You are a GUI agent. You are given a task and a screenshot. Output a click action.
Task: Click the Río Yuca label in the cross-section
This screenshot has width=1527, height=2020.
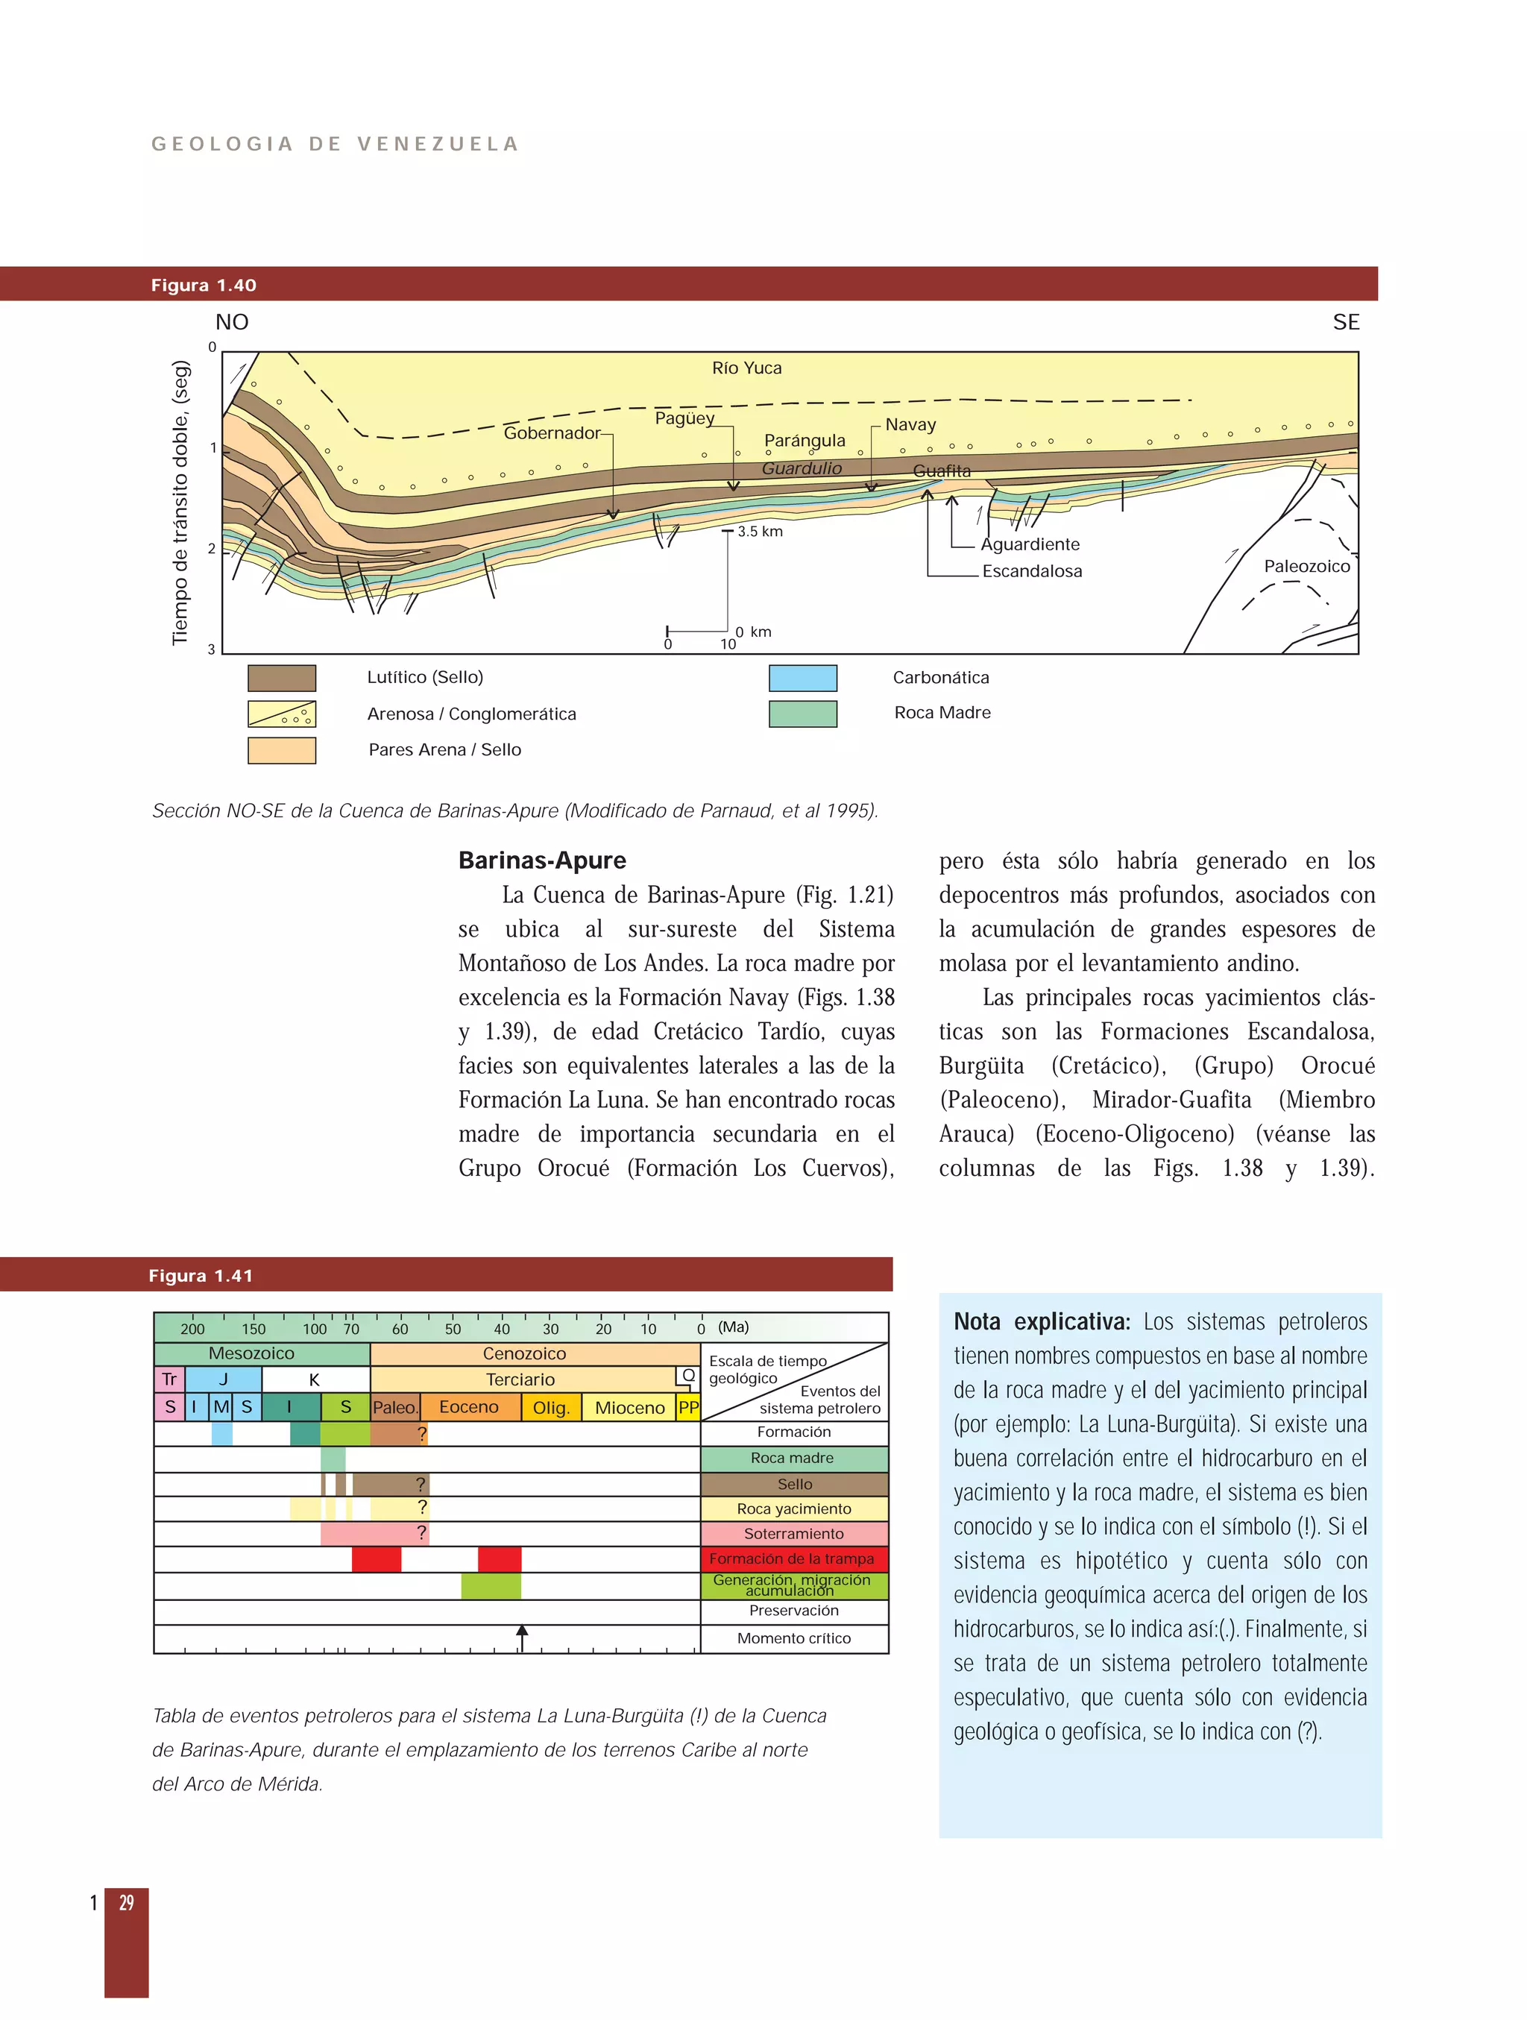click(x=746, y=368)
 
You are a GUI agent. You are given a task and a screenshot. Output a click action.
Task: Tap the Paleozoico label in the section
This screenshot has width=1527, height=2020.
click(x=1306, y=566)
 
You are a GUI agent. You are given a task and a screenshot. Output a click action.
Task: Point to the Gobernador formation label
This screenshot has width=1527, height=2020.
click(x=552, y=432)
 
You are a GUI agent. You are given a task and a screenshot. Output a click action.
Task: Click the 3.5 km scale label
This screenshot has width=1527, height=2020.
click(x=760, y=532)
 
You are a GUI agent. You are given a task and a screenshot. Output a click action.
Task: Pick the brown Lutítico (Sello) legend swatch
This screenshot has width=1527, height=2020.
click(x=281, y=678)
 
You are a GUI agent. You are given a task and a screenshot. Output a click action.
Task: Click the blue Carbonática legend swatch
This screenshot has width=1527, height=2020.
click(x=803, y=678)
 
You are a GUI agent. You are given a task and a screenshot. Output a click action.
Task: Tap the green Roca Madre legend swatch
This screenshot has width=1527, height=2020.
click(x=803, y=713)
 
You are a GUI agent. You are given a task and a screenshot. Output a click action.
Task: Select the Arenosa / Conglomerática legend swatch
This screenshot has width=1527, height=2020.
click(x=281, y=713)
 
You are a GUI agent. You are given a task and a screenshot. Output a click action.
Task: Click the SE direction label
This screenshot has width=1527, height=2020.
click(x=1345, y=322)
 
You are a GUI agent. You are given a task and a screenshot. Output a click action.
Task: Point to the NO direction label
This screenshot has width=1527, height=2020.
click(x=232, y=322)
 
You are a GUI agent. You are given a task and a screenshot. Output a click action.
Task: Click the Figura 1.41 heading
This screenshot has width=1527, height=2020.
click(x=201, y=1276)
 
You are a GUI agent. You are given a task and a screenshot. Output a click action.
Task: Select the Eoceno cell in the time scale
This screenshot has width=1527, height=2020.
click(x=468, y=1407)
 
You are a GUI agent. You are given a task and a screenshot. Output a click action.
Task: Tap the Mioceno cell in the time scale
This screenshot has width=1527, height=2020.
click(x=629, y=1408)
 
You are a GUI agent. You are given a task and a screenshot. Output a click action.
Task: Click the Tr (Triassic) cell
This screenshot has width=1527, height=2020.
click(x=169, y=1379)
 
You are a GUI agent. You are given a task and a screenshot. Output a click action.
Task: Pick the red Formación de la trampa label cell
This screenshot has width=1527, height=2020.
click(x=793, y=1559)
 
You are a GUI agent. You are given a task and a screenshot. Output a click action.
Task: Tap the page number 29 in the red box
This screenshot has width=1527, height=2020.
click(x=126, y=1902)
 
